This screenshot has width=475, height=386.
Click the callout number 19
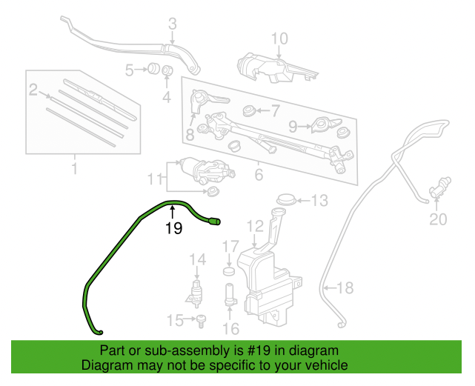pos(173,229)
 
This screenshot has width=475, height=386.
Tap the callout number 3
pos(172,24)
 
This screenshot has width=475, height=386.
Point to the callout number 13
pos(319,200)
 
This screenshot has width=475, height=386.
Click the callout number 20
pos(439,219)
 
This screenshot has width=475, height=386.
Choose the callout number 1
pos(74,170)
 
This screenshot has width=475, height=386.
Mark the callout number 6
pos(259,175)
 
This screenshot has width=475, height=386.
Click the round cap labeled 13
pos(285,200)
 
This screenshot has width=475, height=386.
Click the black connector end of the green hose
pos(216,221)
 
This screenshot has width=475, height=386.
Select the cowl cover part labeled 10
pos(274,68)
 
